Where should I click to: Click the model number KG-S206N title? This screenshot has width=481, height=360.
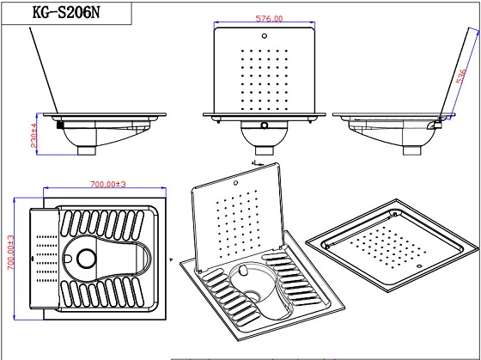click(66, 13)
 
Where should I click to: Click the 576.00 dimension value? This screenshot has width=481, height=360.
click(269, 18)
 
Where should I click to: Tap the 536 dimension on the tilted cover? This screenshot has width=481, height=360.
click(461, 76)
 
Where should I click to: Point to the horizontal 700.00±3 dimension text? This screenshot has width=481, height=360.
click(108, 184)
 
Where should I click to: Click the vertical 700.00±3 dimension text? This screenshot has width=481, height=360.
click(10, 253)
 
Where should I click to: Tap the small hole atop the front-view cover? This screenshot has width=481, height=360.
click(265, 36)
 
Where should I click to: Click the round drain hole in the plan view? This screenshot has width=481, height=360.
click(87, 259)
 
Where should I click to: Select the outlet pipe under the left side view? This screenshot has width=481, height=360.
click(87, 150)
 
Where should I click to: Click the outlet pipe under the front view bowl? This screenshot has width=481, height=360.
click(265, 150)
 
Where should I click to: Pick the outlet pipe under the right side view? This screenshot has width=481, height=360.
click(412, 150)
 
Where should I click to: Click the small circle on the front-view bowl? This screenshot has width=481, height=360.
click(265, 125)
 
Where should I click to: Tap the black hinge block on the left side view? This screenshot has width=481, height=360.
click(60, 125)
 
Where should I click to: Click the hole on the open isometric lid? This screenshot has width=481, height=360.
click(235, 183)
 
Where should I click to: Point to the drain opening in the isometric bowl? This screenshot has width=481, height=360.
click(253, 296)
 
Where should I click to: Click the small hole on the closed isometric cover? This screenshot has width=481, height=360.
click(420, 265)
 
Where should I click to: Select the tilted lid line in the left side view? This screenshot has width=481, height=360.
click(44, 70)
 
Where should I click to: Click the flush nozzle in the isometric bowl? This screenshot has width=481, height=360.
click(243, 271)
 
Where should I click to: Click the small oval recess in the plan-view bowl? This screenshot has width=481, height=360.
click(68, 259)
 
